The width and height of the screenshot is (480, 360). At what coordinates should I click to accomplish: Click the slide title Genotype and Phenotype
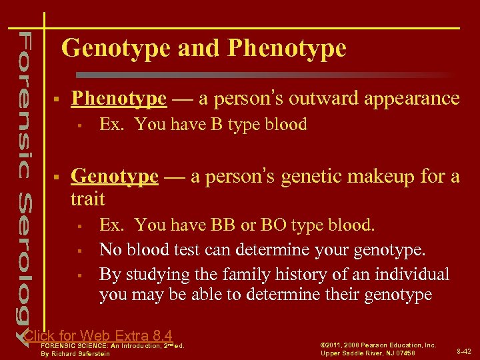tap(203, 49)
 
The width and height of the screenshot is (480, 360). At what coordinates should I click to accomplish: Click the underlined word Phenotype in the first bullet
tap(119, 99)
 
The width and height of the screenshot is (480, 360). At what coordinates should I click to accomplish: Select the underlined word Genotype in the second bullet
tap(115, 176)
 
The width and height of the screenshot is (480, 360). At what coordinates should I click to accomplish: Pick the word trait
tap(87, 198)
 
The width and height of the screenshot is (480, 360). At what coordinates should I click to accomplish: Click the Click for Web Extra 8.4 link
tap(98, 336)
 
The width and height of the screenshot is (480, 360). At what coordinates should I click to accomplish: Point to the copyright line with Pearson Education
tap(378, 345)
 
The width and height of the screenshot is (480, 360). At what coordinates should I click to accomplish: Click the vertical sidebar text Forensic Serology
tap(23, 180)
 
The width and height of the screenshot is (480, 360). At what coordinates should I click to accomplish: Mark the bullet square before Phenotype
tap(59, 99)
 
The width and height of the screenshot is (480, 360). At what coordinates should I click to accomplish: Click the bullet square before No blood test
tap(79, 250)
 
